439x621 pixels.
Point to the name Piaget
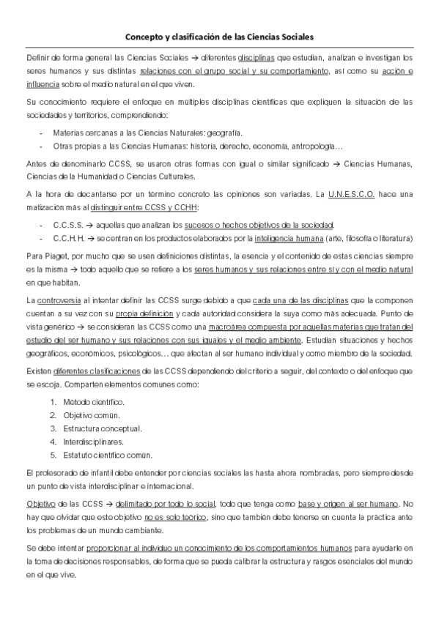click(x=49, y=257)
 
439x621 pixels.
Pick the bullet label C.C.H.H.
click(x=68, y=238)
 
